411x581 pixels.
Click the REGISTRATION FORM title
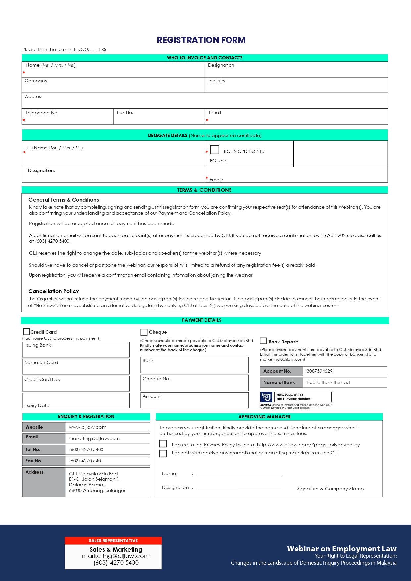tap(201, 40)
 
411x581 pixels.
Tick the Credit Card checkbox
tap(26, 332)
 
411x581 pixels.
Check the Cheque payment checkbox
tap(144, 332)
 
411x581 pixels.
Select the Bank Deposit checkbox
tap(263, 341)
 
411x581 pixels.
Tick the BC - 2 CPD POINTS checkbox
tap(215, 150)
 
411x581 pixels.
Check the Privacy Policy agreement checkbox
tap(163, 444)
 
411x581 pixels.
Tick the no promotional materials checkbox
tap(163, 453)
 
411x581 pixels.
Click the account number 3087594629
tap(319, 371)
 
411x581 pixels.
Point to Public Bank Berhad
tap(328, 382)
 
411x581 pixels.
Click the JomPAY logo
tap(266, 397)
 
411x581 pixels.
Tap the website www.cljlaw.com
tap(87, 427)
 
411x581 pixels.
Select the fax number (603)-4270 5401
tap(86, 461)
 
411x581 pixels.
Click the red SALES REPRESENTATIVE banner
tap(113, 540)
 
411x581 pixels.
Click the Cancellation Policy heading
tap(54, 291)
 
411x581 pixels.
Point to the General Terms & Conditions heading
tap(64, 200)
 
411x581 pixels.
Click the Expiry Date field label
tap(37, 405)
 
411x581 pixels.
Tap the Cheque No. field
tap(194, 383)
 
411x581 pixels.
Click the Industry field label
tap(217, 81)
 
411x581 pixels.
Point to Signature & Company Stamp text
tap(330, 489)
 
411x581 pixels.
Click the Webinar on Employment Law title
tap(341, 549)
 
